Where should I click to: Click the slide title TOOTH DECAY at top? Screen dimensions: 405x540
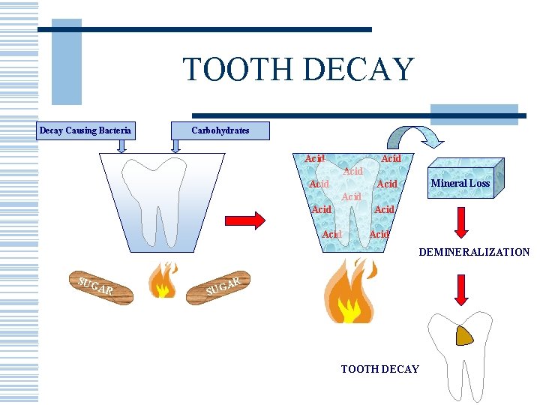[298, 70]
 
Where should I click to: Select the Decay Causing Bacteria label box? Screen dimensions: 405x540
[85, 130]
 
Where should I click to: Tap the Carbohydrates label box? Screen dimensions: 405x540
[220, 130]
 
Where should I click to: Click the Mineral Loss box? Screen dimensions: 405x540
[460, 182]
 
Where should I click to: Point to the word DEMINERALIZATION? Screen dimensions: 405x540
[473, 252]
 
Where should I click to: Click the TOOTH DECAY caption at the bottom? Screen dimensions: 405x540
[379, 368]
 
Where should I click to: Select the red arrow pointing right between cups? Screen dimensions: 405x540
[245, 220]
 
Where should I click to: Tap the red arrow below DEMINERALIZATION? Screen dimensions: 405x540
[462, 289]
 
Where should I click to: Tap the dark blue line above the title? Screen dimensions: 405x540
[204, 29]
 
